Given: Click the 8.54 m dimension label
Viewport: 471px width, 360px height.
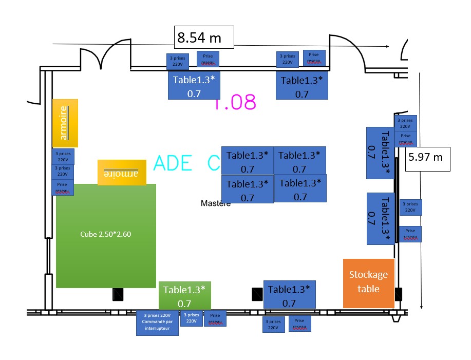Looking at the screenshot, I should click(204, 37).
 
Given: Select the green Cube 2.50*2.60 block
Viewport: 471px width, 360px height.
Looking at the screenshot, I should click(106, 235).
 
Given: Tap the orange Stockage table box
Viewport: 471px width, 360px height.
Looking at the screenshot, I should click(368, 283).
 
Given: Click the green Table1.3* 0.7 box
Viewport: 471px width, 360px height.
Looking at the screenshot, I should click(185, 296).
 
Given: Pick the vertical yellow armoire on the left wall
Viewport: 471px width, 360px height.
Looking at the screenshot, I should click(65, 123).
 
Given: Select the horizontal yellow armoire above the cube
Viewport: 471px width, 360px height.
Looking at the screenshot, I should click(122, 173).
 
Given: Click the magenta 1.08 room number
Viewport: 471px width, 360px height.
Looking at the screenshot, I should click(235, 103).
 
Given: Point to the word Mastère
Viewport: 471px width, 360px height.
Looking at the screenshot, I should click(216, 203).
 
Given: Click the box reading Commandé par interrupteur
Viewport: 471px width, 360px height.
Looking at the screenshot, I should click(157, 323).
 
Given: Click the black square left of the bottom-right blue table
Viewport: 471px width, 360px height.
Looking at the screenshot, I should click(257, 294).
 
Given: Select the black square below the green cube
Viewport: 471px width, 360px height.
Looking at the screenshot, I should click(118, 294).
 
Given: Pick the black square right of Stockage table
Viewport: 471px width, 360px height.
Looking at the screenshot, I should click(398, 294).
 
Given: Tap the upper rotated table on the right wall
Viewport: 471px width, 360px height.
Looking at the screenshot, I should click(380, 153).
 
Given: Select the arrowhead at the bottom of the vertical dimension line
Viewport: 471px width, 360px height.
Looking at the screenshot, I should click(421, 307).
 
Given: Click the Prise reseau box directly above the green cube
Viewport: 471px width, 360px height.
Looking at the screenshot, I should click(63, 187).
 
